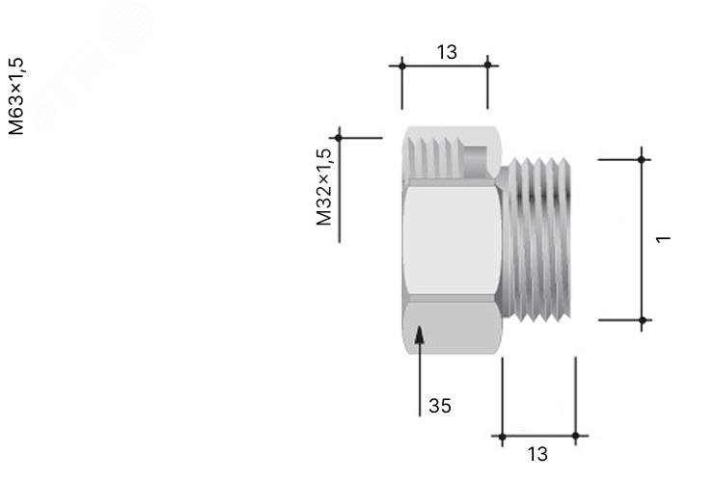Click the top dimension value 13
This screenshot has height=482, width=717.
(x=447, y=52)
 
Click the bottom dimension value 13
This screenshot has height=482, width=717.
(x=538, y=454)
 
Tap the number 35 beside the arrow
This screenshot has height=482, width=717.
(x=440, y=406)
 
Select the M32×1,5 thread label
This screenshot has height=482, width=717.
(x=323, y=187)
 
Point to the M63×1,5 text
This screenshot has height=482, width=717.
(x=16, y=96)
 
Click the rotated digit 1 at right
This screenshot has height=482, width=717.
(x=663, y=239)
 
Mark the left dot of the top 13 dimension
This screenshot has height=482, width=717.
(x=402, y=66)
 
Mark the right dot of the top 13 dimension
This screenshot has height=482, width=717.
(x=487, y=65)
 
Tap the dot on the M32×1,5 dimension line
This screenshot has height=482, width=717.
(x=339, y=138)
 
